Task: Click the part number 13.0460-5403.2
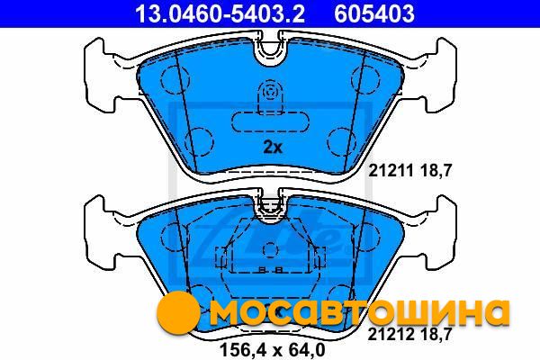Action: (x=220, y=13)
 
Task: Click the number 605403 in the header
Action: (x=374, y=13)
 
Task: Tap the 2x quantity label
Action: (x=273, y=147)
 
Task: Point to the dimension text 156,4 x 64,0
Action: (x=272, y=350)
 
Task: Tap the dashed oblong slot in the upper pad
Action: (x=270, y=122)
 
